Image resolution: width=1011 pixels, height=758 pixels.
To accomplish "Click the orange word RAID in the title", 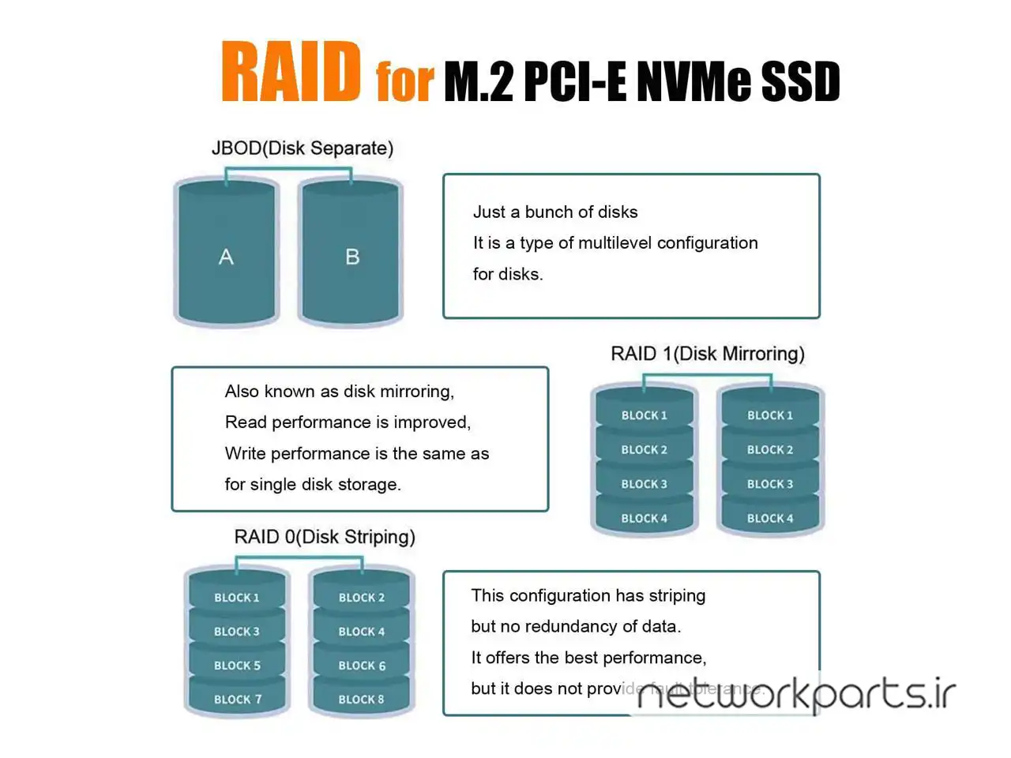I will click(291, 73).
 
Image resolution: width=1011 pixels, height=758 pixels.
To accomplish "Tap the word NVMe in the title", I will click(692, 82).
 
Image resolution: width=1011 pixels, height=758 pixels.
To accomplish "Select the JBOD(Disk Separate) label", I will click(303, 148).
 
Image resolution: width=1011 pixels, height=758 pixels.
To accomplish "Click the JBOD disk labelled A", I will click(227, 257).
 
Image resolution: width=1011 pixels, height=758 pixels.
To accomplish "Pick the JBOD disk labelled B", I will click(352, 257).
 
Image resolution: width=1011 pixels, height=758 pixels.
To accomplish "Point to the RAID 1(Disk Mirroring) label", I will click(708, 354).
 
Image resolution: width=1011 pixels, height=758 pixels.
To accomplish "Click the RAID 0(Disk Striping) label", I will click(325, 537).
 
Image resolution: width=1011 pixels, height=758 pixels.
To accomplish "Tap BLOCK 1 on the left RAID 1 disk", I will click(645, 415).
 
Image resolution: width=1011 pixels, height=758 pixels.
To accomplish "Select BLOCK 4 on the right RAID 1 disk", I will click(770, 519).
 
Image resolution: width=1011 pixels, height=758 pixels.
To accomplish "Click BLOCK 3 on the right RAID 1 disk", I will click(770, 484).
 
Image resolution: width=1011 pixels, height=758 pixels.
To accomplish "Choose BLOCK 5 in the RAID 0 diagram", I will click(237, 666).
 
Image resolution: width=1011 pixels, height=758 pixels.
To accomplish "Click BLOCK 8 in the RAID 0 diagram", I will click(362, 700).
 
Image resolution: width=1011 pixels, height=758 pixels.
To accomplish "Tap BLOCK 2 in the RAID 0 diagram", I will click(362, 598).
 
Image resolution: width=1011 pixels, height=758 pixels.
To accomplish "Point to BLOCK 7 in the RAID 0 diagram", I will click(237, 700).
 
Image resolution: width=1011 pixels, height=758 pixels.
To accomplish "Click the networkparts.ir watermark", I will click(795, 695).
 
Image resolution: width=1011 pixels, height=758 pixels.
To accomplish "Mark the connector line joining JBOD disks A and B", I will click(289, 169).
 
